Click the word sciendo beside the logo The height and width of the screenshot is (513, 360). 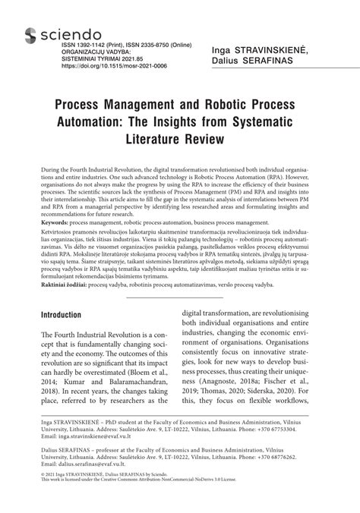tap(68, 33)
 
